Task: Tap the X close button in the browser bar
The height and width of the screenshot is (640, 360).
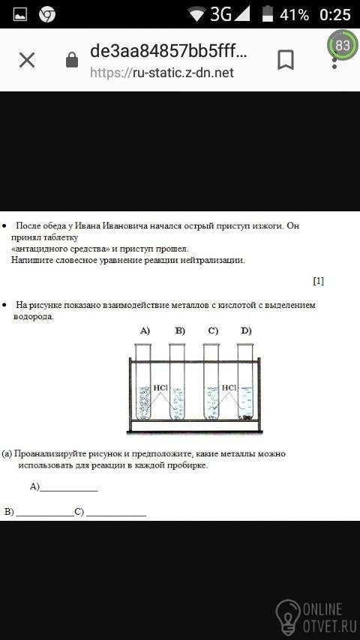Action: (x=27, y=61)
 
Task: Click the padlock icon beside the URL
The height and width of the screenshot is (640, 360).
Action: (x=72, y=60)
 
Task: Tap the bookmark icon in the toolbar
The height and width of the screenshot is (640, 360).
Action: (x=286, y=60)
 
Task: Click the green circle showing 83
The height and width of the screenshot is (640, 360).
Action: (x=343, y=44)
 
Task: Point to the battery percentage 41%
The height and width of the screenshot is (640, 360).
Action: (x=294, y=15)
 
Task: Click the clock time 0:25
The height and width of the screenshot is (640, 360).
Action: (x=335, y=15)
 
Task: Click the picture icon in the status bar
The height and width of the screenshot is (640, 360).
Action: (x=20, y=15)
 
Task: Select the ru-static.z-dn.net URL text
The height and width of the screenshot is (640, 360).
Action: (x=162, y=73)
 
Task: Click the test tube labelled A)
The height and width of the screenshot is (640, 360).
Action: (x=143, y=381)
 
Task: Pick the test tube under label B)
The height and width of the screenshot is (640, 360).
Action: (x=177, y=381)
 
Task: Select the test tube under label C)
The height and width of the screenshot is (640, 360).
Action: (x=211, y=381)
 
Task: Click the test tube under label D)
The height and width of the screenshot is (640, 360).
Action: (x=245, y=381)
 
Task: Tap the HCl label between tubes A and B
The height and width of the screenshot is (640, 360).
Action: (x=160, y=387)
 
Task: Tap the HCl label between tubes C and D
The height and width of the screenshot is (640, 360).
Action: (x=229, y=387)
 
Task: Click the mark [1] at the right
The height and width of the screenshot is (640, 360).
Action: (x=318, y=281)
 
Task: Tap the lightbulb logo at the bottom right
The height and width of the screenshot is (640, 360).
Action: (x=288, y=615)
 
